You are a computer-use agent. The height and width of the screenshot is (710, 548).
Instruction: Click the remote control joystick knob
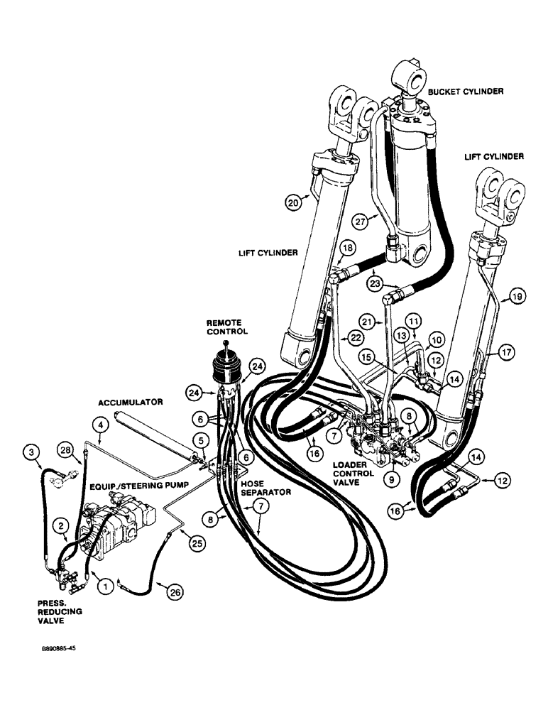(226, 345)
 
